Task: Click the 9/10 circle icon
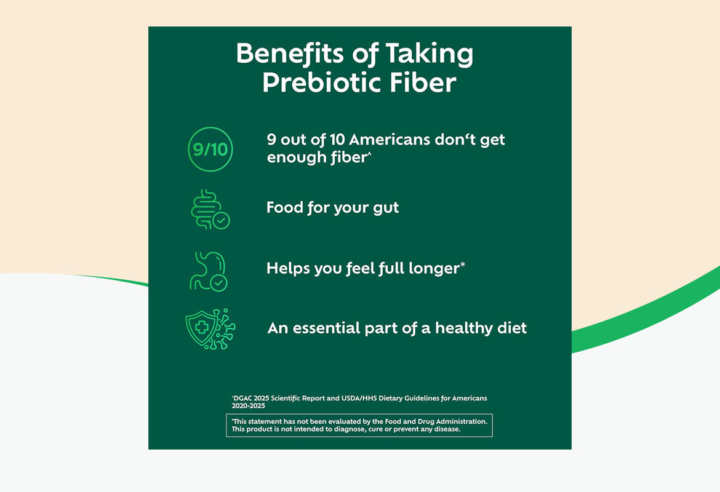coord(210,149)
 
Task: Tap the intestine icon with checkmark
coord(210,210)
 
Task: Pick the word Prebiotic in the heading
coord(319,83)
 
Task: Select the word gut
coord(384,208)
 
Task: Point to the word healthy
coord(463,328)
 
